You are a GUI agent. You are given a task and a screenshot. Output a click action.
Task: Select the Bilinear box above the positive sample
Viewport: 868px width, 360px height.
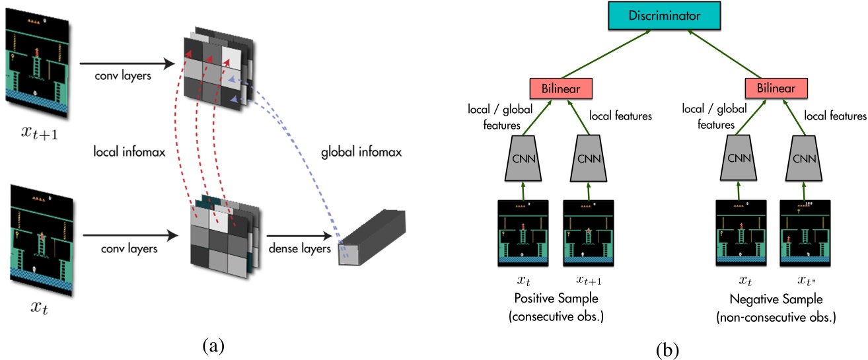click(x=560, y=88)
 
